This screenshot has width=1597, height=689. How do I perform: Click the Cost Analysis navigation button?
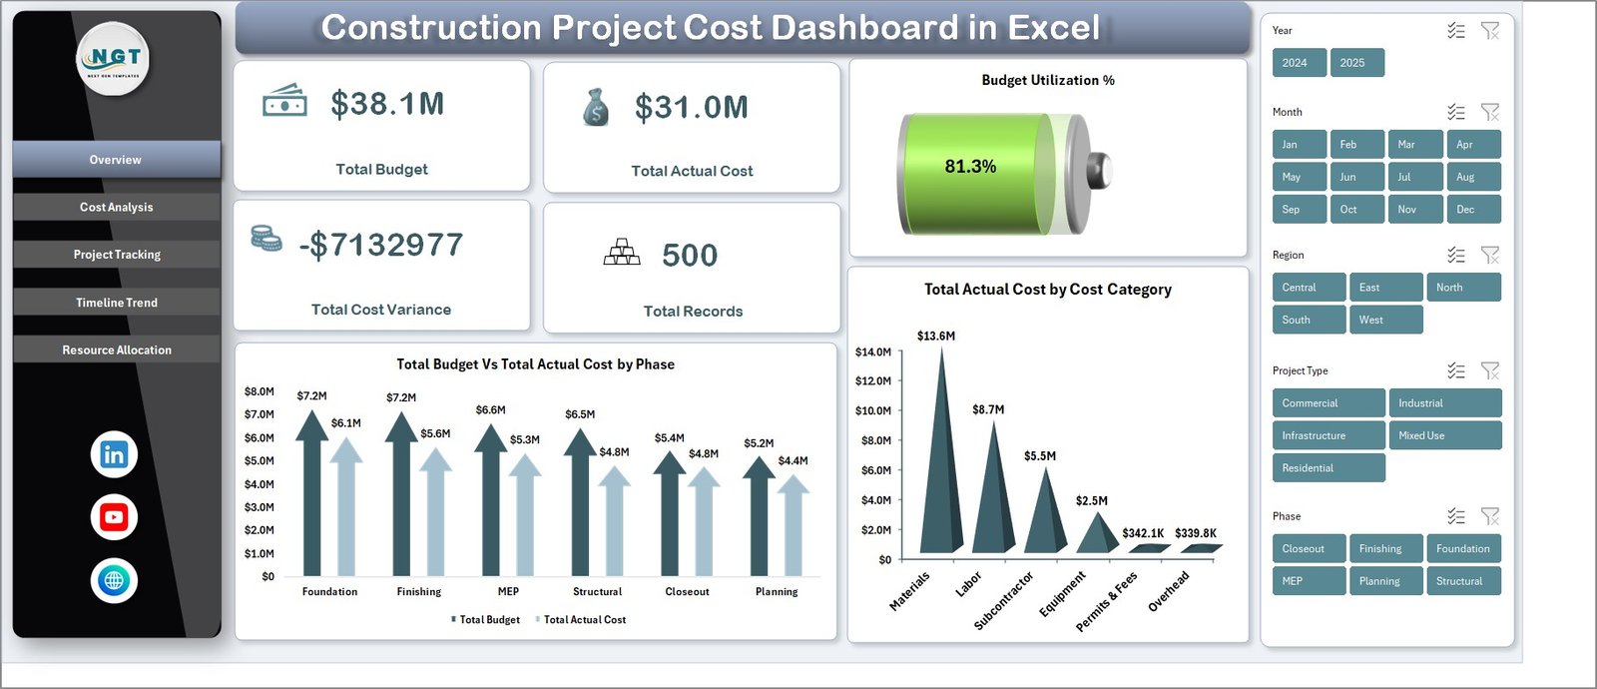116,207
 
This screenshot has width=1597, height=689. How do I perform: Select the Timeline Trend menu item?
116,303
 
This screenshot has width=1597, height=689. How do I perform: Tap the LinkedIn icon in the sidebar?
114,454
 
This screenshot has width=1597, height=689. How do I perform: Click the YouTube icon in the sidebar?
114,517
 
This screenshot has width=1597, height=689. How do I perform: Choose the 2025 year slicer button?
1355,63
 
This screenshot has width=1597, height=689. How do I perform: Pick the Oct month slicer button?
1355,209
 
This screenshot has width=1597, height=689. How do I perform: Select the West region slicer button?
1385,320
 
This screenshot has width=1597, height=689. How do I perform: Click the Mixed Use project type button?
1444,435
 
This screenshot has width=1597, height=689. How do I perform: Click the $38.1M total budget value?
387,104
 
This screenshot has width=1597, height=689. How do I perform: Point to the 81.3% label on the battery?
970,167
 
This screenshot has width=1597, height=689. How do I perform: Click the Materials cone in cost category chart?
940,469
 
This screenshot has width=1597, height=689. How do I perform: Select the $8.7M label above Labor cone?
988,409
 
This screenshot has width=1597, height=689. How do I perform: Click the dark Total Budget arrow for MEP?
491,499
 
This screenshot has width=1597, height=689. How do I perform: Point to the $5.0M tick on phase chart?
260,461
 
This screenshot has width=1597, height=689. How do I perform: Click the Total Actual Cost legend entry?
583,620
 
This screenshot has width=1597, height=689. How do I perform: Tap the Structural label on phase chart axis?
597,592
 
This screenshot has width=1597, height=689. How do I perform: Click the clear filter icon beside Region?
1489,256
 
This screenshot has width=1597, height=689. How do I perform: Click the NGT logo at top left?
114,58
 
